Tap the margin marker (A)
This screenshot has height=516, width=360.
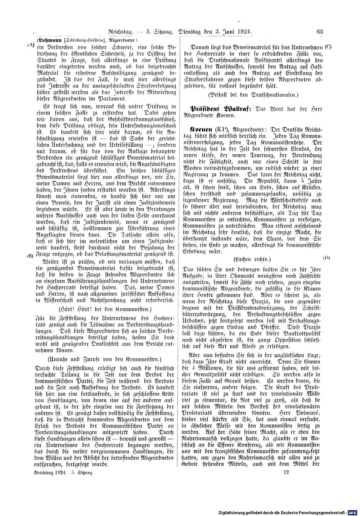[x=30, y=46]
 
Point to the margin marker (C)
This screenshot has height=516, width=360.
[x=328, y=47]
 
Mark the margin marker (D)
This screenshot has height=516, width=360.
[x=327, y=258]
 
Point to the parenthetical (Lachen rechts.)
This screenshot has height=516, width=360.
[x=252, y=259]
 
